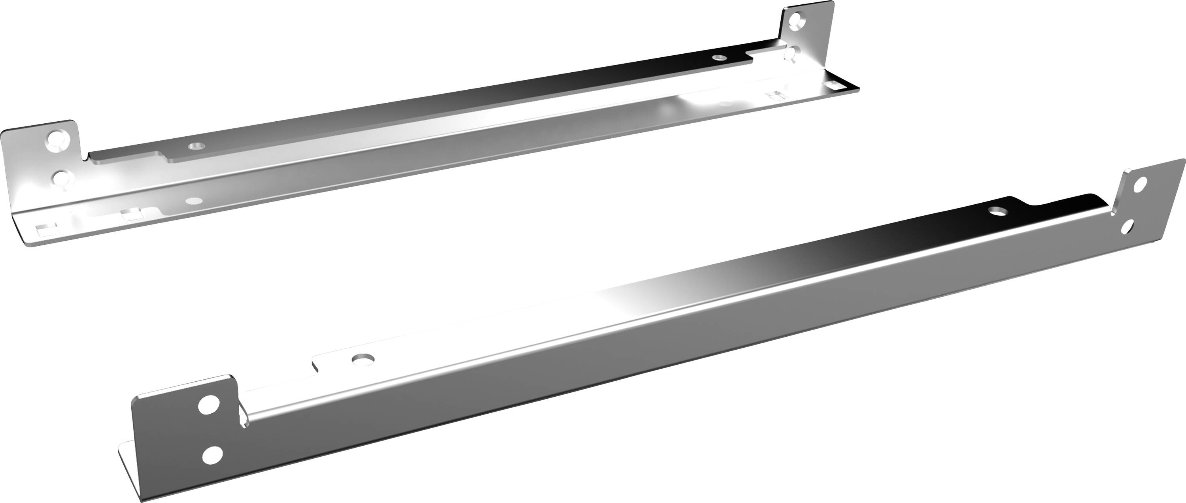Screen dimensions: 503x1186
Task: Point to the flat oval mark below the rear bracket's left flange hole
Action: (x=193, y=201)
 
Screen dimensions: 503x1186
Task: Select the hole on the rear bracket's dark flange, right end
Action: (x=718, y=58)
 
